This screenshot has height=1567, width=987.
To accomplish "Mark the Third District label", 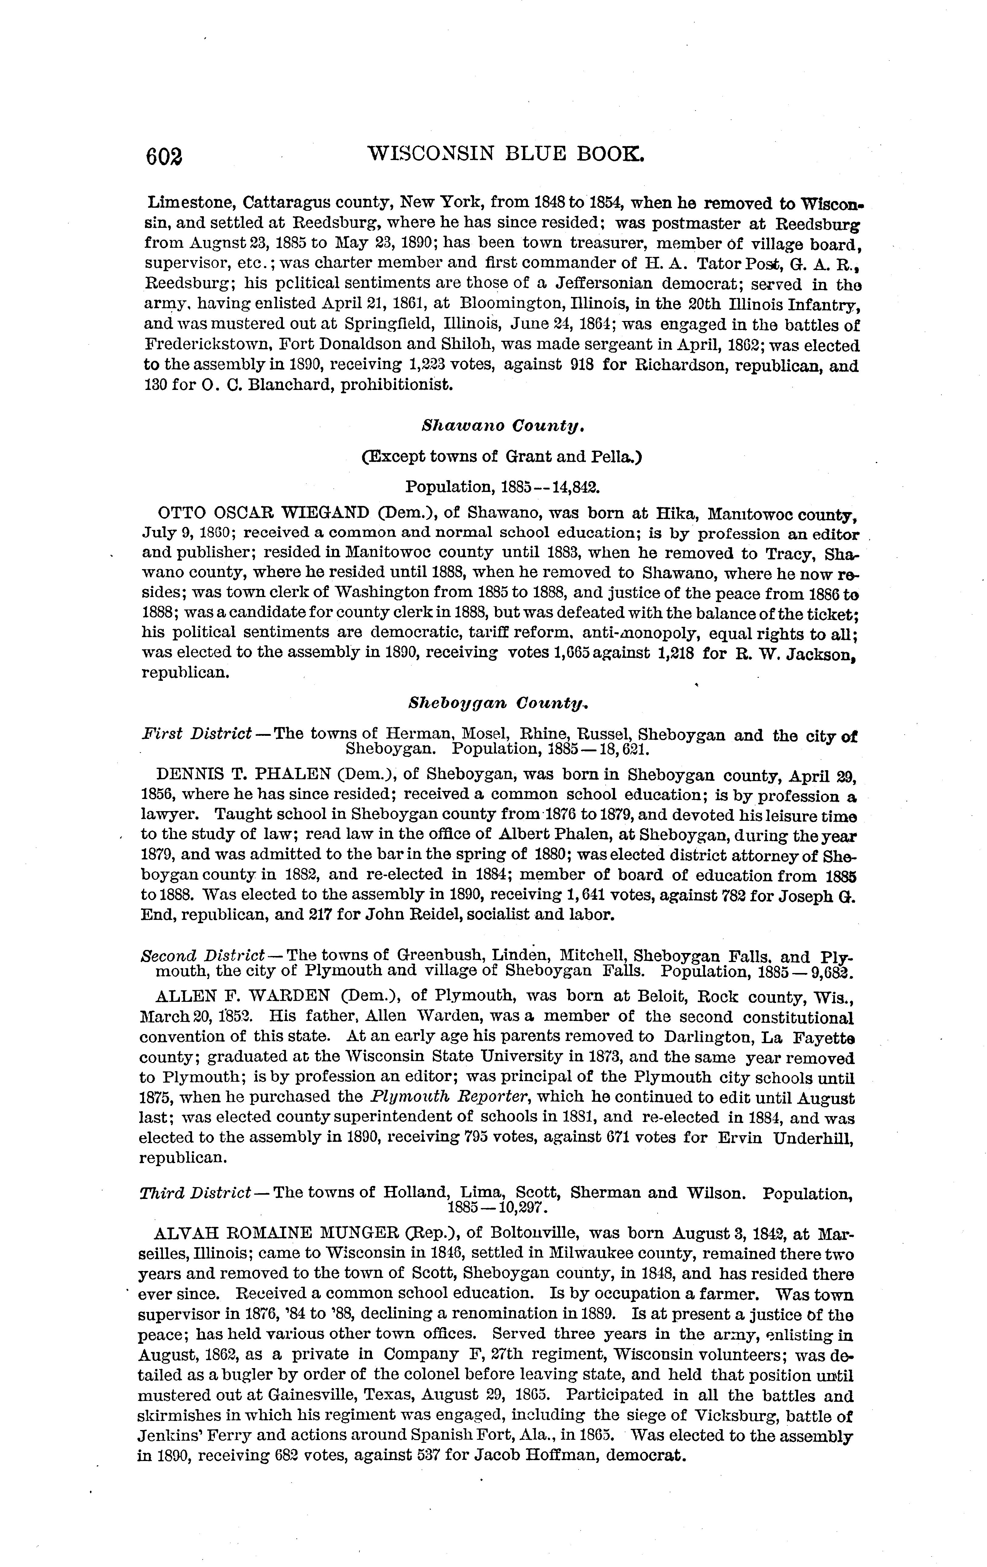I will coord(195,1193).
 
